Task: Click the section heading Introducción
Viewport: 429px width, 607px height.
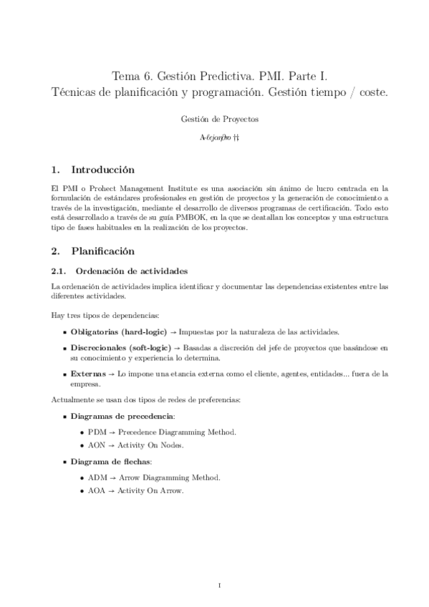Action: pyautogui.click(x=103, y=171)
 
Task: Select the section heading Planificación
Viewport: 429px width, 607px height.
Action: pyautogui.click(x=102, y=251)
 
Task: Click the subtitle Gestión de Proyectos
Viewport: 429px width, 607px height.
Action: pyautogui.click(x=219, y=119)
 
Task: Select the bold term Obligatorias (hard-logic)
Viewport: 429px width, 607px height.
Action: pyautogui.click(x=118, y=332)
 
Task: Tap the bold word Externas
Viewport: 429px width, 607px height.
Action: pyautogui.click(x=87, y=373)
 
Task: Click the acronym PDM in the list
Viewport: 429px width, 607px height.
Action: pyautogui.click(x=97, y=432)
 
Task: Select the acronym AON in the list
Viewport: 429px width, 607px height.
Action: pyautogui.click(x=97, y=445)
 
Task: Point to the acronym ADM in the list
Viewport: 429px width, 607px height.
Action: pyautogui.click(x=97, y=477)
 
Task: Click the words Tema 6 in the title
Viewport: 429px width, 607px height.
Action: pyautogui.click(x=130, y=75)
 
